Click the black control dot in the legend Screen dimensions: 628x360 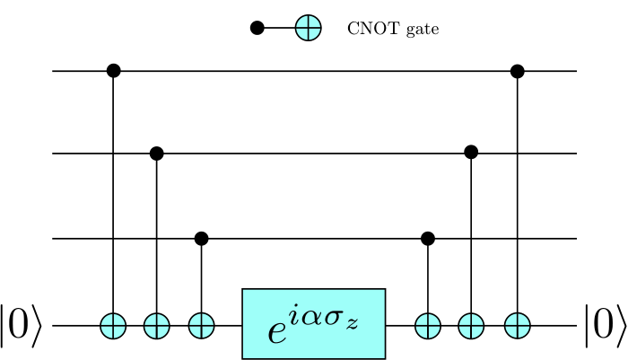[257, 28]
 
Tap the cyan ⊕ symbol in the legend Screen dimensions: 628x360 [309, 28]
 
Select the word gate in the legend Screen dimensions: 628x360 [423, 30]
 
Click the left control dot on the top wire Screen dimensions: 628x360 [114, 71]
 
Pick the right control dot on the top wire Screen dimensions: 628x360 [518, 71]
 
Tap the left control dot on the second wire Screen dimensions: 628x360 [157, 154]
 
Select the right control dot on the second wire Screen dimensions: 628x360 [471, 152]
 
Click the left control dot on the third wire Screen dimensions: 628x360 [201, 239]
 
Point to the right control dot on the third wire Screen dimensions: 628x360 [428, 239]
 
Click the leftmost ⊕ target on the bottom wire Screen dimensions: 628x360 [113, 326]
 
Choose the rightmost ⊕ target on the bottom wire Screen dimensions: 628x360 [518, 326]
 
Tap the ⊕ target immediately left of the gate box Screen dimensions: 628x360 [201, 326]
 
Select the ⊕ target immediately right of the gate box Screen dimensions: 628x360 [428, 326]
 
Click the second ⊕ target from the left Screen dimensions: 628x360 [157, 326]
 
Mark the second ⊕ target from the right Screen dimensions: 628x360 [471, 326]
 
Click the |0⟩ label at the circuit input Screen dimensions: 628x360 [21, 326]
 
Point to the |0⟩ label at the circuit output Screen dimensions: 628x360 [606, 326]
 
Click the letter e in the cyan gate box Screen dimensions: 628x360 [277, 332]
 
